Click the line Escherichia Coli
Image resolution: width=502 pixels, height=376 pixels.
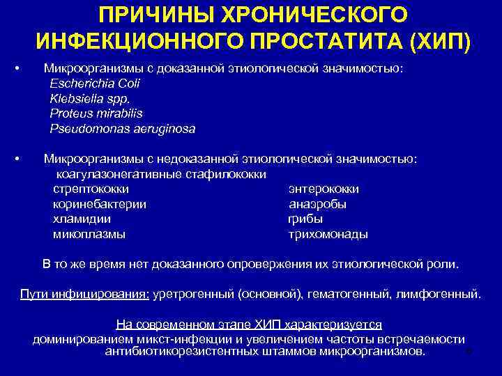pyautogui.click(x=95, y=84)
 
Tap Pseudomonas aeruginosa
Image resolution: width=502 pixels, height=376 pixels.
pyautogui.click(x=122, y=129)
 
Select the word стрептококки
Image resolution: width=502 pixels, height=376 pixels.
pyautogui.click(x=91, y=189)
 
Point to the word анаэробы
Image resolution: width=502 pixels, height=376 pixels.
pyautogui.click(x=317, y=205)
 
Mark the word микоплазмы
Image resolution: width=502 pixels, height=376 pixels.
pyautogui.click(x=89, y=235)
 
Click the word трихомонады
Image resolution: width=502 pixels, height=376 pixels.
pyautogui.click(x=328, y=235)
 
